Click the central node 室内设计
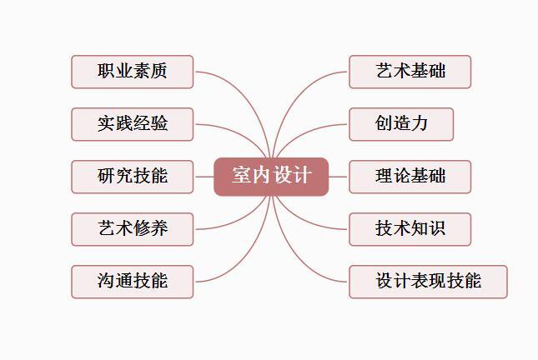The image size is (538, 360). (x=271, y=177)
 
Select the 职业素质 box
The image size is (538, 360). (x=133, y=72)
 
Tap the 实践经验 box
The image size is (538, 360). (x=133, y=124)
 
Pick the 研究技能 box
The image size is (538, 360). (x=133, y=177)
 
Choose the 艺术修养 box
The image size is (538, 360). (x=133, y=229)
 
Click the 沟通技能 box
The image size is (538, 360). (x=133, y=282)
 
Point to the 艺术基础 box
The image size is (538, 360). (x=410, y=72)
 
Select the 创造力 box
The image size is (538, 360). (x=401, y=124)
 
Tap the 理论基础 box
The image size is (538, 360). (x=410, y=177)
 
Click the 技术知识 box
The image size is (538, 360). (x=410, y=229)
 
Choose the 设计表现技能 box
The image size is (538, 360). (x=428, y=282)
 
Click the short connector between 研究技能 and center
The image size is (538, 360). (x=204, y=177)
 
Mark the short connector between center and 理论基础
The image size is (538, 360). (x=338, y=177)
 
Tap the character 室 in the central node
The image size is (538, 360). (x=240, y=175)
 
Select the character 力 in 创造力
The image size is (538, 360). (x=419, y=123)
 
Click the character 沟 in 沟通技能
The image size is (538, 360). (x=106, y=281)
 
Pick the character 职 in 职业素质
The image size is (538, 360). (x=106, y=71)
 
